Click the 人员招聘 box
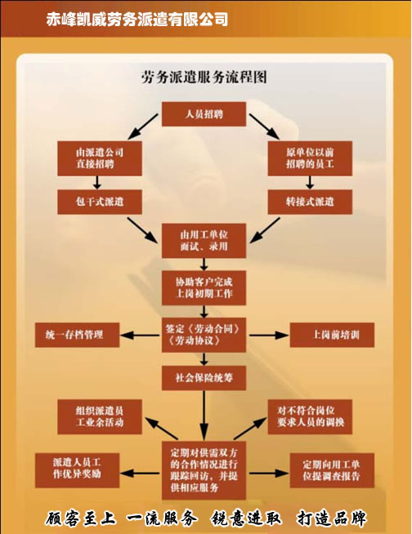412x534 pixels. (204, 113)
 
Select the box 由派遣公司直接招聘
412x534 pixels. (100, 158)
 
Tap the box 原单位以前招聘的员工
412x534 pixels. (310, 158)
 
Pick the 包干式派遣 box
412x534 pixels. (100, 202)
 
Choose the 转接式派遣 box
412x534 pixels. (310, 202)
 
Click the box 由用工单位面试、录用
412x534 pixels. (204, 240)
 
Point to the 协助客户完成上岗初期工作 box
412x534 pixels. (204, 287)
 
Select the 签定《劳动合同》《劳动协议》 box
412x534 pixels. (204, 335)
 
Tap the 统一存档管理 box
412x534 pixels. (77, 335)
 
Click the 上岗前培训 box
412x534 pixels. (332, 335)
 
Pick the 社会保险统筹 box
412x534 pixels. (204, 378)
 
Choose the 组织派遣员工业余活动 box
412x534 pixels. (100, 416)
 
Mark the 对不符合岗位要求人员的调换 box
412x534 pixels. (310, 416)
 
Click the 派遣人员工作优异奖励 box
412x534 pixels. (77, 470)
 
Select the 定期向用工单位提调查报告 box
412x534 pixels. (332, 470)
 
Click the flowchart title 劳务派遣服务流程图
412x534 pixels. (204, 77)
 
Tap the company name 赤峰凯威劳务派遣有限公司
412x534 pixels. (137, 19)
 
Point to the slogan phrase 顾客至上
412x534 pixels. (80, 518)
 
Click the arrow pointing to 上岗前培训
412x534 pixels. (268, 335)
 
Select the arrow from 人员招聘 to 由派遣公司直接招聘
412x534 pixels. (143, 127)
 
